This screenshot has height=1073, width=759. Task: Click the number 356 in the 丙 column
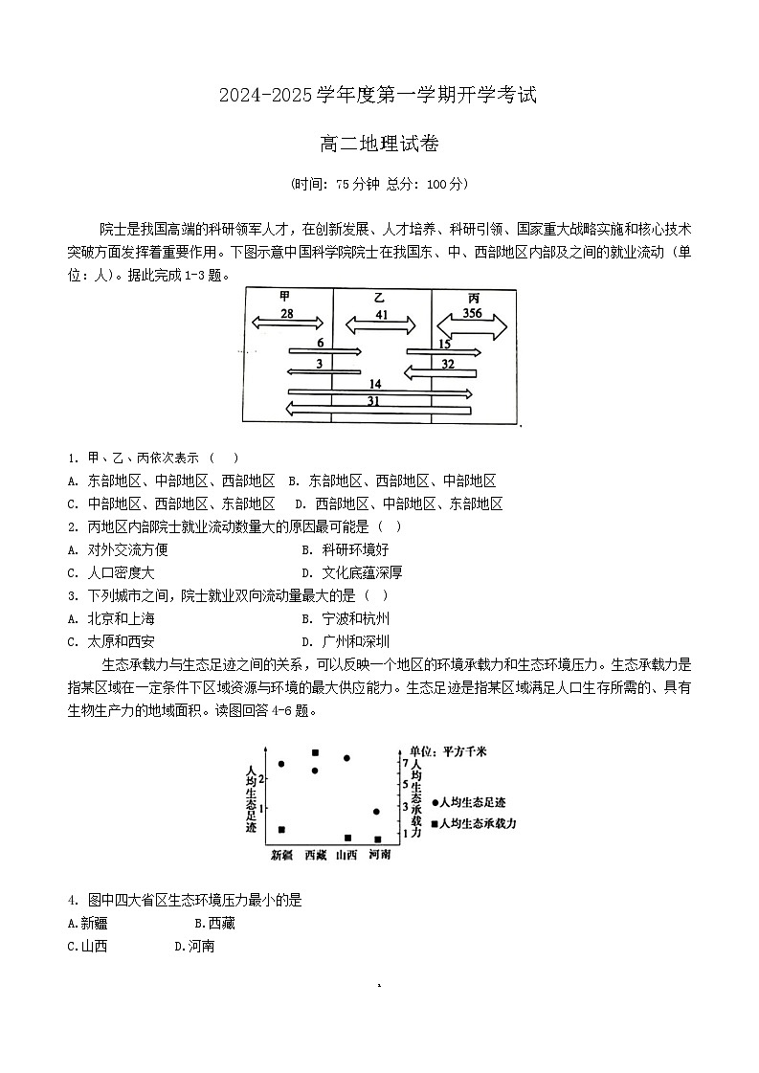(472, 313)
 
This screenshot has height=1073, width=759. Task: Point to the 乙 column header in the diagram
(380, 298)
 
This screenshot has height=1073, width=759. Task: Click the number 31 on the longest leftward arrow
(373, 401)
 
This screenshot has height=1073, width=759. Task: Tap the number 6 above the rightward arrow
(320, 343)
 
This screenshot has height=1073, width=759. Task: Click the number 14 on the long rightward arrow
(375, 384)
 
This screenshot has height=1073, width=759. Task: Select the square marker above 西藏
(315, 752)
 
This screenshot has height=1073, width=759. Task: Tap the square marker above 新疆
(281, 830)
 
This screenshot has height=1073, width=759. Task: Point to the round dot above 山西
(346, 758)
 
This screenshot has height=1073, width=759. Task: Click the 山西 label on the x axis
(346, 855)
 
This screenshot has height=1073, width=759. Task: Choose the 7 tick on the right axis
(405, 763)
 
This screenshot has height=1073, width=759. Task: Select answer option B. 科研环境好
(345, 549)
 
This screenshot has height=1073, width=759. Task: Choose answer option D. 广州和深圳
(345, 641)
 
